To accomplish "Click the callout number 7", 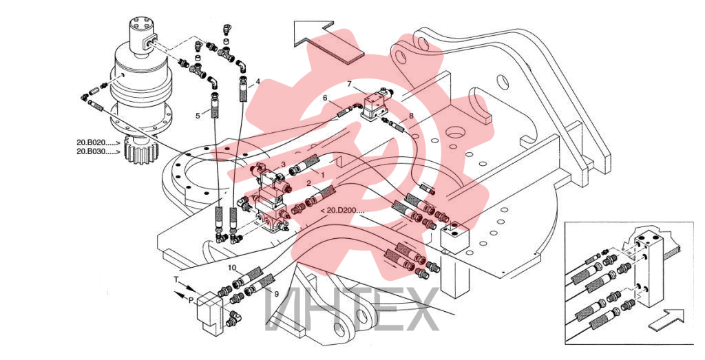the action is point(350,84).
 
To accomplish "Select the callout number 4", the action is point(257,82).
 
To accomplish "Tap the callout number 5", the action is point(198,116).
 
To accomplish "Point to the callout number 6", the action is point(325,98).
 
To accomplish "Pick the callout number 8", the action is point(411,116).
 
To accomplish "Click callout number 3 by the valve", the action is point(283,165).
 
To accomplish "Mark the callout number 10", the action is point(231,268).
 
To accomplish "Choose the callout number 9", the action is point(277,294).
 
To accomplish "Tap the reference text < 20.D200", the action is point(342,210).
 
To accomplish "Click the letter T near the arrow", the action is point(176,279).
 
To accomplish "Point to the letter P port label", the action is point(191,300).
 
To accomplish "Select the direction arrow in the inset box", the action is point(666,319).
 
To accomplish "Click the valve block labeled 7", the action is point(375,105).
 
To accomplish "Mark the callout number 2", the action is point(309,182).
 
